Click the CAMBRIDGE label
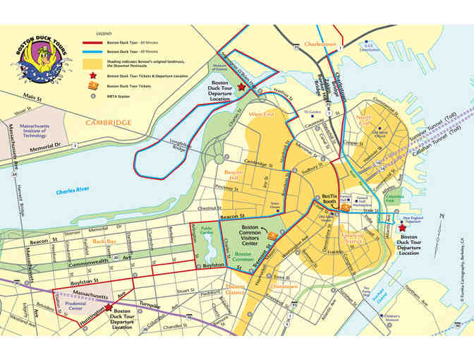(109, 123)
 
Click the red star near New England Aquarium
(402, 228)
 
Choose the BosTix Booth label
(331, 201)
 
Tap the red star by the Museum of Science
(241, 86)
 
